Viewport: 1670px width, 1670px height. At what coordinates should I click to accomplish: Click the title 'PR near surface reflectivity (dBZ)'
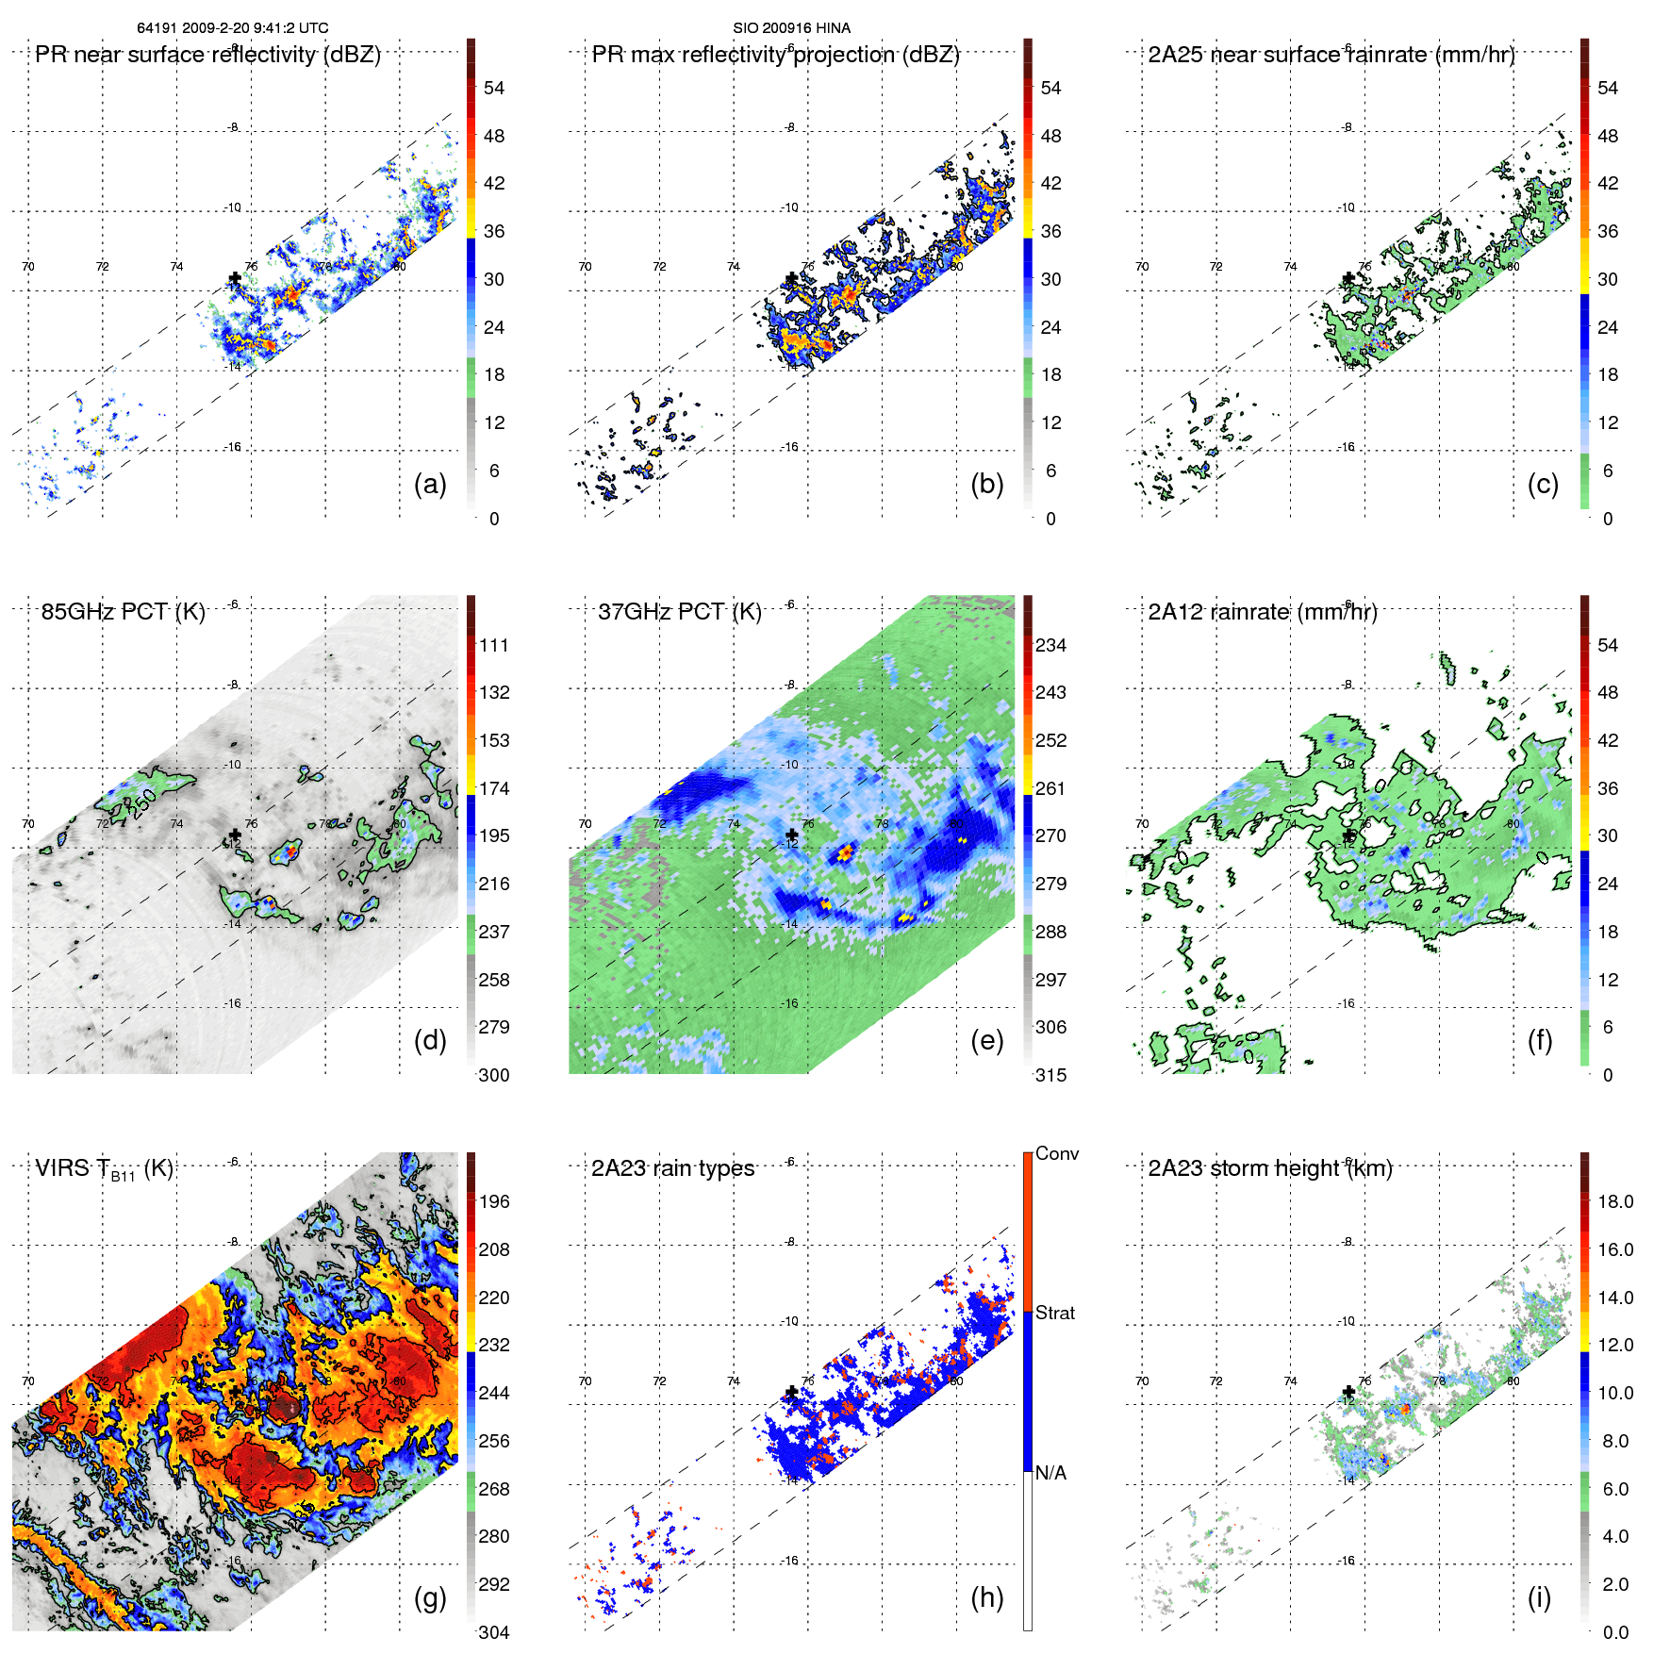pos(207,55)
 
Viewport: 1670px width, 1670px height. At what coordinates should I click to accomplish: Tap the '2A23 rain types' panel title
pos(672,1168)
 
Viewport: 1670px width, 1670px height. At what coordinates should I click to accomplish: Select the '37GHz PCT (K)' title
pos(679,612)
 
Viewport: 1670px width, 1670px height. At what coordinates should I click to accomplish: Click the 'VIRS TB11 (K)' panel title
pos(104,1169)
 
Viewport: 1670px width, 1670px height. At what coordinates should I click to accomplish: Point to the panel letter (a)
pos(430,485)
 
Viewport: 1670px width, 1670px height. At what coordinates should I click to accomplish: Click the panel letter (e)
pos(986,1041)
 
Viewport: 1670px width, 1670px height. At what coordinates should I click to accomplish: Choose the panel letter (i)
pos(1539,1597)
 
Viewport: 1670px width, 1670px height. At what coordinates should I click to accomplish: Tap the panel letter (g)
pos(430,1597)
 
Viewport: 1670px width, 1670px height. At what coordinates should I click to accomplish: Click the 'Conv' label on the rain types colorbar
pos(1056,1153)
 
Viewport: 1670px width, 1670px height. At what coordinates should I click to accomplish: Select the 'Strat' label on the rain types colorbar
pos(1054,1313)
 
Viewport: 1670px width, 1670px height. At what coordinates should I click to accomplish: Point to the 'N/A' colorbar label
pos(1050,1473)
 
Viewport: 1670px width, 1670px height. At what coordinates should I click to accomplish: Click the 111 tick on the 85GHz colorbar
pos(494,645)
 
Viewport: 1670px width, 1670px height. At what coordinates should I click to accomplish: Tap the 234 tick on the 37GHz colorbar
pos(1050,645)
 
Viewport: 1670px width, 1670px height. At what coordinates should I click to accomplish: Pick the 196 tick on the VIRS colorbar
pos(494,1201)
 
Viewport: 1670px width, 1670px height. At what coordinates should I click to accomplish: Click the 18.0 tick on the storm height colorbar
pos(1614,1201)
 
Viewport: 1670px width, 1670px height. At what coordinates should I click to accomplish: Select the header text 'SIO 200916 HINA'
pos(791,28)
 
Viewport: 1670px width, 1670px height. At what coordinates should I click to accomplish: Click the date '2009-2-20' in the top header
pos(213,28)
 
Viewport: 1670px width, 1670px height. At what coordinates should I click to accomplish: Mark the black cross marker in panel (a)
pos(235,278)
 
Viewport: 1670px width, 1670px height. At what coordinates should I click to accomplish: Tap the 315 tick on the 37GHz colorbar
pos(1050,1075)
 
